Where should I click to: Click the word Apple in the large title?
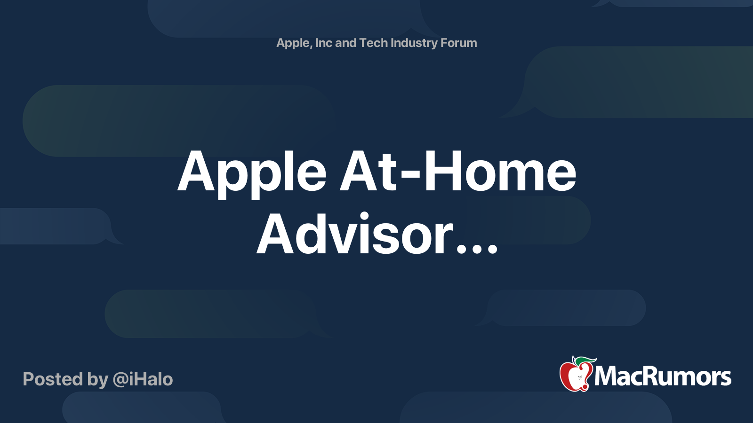pos(252,172)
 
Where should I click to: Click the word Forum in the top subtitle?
pos(458,43)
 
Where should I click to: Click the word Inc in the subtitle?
pos(324,43)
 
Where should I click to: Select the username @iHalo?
pos(143,379)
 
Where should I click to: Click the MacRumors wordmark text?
pos(663,376)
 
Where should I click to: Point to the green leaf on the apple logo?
pos(585,360)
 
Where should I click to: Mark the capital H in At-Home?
pos(442,172)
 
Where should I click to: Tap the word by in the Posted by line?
pos(98,380)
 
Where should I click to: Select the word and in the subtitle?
pos(345,43)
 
